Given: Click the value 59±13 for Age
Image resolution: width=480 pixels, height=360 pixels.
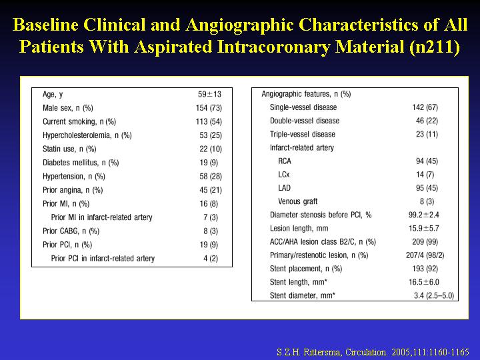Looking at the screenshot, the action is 209,94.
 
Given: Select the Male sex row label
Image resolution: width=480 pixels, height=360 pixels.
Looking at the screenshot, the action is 67,108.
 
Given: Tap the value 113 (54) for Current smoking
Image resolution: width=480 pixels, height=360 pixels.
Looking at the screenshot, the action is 209,121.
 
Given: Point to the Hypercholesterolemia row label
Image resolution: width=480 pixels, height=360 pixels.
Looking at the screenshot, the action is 87,135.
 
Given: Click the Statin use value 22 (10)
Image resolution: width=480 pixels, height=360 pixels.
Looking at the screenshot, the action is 211,149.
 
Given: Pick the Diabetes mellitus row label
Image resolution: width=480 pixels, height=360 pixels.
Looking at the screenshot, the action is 81,163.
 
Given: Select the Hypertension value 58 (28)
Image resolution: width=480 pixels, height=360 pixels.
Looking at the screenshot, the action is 211,176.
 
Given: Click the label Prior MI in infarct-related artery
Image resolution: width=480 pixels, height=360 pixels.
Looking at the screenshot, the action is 101,217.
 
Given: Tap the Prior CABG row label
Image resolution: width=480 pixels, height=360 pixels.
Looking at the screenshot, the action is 71,231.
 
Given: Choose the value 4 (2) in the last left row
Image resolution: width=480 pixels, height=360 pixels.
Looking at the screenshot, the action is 211,259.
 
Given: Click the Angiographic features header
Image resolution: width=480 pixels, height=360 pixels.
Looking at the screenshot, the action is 306,94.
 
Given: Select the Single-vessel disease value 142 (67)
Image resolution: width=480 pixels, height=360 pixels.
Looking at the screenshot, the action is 425,107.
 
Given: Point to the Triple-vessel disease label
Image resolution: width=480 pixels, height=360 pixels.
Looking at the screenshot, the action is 303,135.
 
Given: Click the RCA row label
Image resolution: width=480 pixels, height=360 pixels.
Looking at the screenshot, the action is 285,161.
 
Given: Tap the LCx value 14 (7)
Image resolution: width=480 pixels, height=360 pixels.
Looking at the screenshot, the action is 425,175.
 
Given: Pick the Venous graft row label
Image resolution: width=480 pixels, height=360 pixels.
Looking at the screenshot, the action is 297,201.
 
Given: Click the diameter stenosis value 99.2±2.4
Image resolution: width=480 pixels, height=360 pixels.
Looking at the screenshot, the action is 424,215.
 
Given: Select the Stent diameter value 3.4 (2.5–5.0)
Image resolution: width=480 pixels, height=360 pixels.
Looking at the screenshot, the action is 434,296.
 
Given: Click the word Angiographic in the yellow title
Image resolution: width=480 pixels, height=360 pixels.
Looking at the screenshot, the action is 239,25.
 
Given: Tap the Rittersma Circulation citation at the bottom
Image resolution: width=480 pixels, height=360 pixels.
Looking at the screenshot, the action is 373,352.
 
